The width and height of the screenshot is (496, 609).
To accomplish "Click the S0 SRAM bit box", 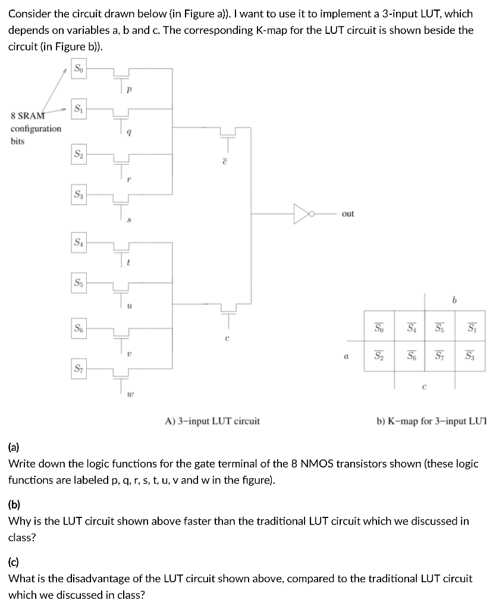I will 79,70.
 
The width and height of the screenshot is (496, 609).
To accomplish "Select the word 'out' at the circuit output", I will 348,214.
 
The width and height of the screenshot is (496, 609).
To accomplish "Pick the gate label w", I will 131,393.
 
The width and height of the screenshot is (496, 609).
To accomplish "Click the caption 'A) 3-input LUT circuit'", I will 212,421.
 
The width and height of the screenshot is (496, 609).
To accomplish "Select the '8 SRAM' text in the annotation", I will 27,115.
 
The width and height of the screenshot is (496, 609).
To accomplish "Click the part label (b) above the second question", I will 15,505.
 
